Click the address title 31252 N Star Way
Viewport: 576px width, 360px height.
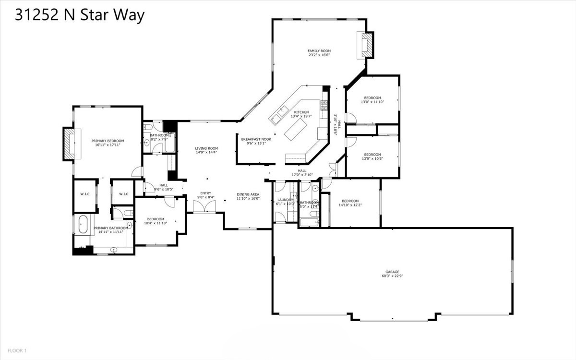(x=80, y=15)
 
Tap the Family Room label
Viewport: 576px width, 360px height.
(x=319, y=51)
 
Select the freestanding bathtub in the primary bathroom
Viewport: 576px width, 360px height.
(x=82, y=224)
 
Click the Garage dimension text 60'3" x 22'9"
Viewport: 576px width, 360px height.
(x=392, y=276)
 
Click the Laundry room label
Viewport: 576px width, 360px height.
(x=285, y=200)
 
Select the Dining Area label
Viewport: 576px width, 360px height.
(x=248, y=194)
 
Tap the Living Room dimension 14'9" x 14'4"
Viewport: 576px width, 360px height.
(x=206, y=152)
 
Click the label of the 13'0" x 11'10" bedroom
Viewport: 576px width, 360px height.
(x=372, y=98)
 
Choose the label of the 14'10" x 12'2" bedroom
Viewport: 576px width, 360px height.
(x=350, y=201)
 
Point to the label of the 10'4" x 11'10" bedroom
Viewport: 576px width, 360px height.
(x=156, y=219)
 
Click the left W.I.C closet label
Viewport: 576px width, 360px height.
(x=85, y=194)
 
